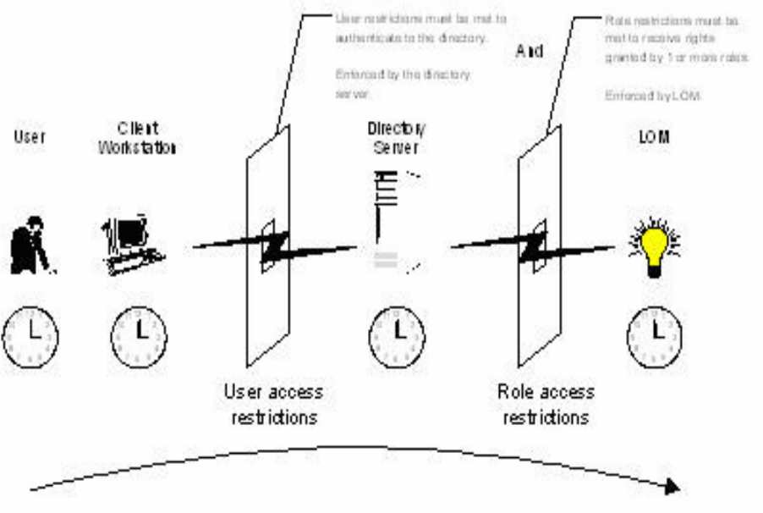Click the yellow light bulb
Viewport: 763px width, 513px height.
coord(654,245)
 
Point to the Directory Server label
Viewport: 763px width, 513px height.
coord(396,137)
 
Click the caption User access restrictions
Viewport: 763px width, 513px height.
coord(273,405)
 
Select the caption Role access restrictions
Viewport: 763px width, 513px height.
coord(546,405)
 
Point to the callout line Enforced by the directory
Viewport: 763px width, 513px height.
coord(402,74)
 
